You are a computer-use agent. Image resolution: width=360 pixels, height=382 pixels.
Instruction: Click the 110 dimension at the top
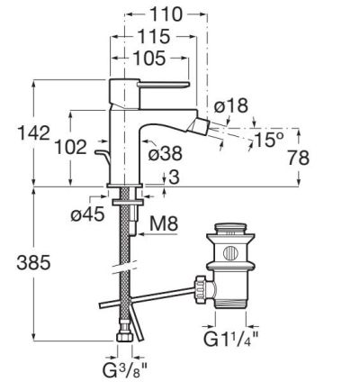pyautogui.click(x=166, y=14)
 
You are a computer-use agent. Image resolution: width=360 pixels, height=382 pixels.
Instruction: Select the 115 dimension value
pyautogui.click(x=154, y=37)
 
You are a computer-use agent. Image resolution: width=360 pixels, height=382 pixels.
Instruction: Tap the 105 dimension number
pyautogui.click(x=149, y=58)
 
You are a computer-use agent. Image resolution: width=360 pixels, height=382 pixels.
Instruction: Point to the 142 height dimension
pyautogui.click(x=34, y=132)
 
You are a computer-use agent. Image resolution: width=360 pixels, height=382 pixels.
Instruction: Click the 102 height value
pyautogui.click(x=71, y=147)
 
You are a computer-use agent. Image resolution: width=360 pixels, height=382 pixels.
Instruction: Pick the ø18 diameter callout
pyautogui.click(x=231, y=105)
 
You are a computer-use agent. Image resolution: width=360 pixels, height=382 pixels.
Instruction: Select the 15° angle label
pyautogui.click(x=268, y=140)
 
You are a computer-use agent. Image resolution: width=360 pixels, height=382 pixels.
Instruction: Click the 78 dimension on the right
pyautogui.click(x=298, y=158)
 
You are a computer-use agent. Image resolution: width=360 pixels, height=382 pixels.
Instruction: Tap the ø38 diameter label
pyautogui.click(x=166, y=153)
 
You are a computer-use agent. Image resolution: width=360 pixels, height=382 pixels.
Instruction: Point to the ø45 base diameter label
pyautogui.click(x=88, y=214)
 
